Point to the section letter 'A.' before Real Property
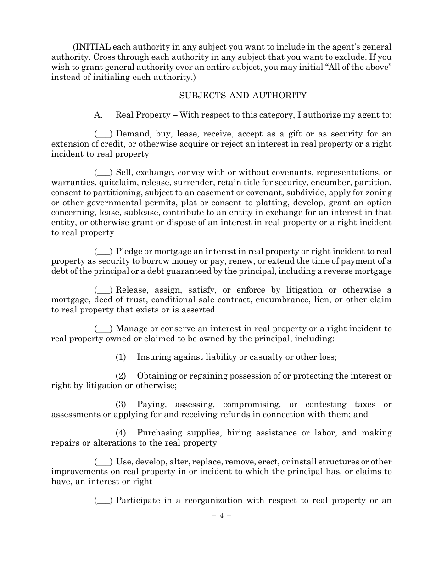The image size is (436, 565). [x=98, y=115]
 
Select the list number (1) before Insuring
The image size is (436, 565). [x=121, y=357]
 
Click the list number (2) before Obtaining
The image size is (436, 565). [x=121, y=376]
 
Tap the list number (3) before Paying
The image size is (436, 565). [x=121, y=404]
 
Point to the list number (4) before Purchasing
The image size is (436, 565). [x=121, y=433]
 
